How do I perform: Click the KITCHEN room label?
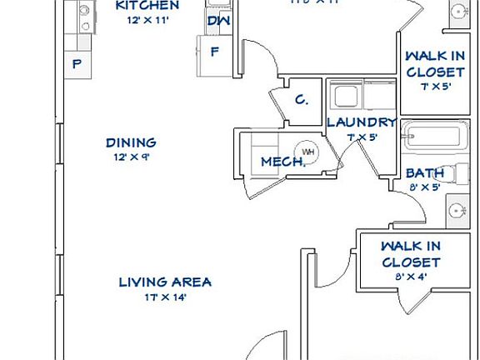coord(147,5)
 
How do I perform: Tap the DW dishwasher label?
coord(218,21)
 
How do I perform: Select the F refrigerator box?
coord(214,50)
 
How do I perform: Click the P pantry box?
coord(77,64)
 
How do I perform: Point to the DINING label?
coord(131,142)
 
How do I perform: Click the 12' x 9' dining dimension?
coord(131,157)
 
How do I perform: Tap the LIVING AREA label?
coord(164,282)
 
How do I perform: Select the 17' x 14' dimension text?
coord(164,297)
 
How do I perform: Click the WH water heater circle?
coord(308,152)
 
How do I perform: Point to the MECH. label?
coord(283,162)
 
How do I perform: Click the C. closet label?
coord(302,100)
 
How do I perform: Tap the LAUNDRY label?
coord(360,122)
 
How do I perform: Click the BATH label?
coord(424,172)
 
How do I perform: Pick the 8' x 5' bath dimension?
coord(424,187)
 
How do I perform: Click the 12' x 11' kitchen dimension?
coord(147,20)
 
